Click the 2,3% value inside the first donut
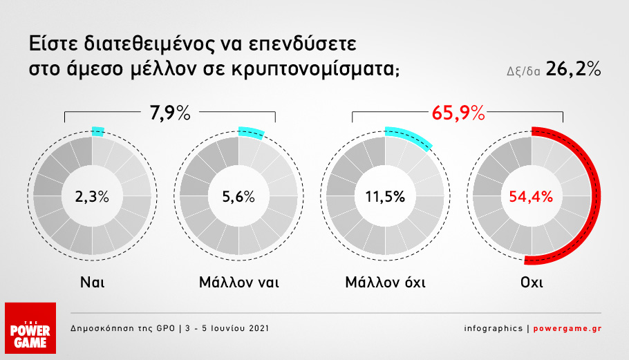point(92,197)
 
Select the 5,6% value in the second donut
point(238,197)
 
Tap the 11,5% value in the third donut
point(385,197)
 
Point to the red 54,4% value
point(531,197)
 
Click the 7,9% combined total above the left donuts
point(170,113)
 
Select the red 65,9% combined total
point(458,113)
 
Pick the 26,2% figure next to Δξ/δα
point(573,69)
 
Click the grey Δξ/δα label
point(523,71)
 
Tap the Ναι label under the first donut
point(92,282)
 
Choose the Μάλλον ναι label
point(238,282)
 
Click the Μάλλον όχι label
point(385,282)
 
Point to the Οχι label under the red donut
point(532,282)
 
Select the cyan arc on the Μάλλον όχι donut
point(413,135)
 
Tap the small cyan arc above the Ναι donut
point(98,131)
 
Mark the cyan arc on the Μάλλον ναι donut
point(252,132)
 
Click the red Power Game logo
point(30,328)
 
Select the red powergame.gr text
point(567,328)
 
